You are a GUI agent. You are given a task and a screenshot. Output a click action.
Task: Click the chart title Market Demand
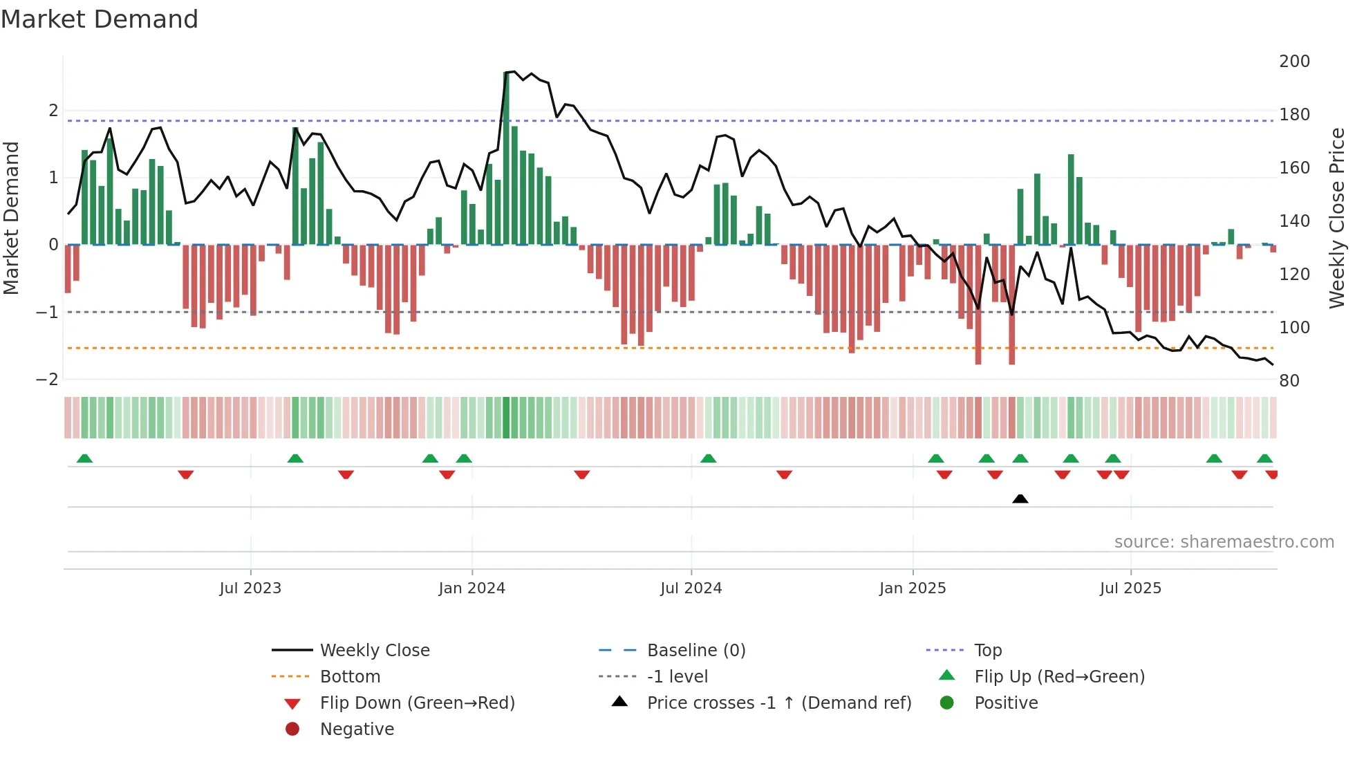(100, 19)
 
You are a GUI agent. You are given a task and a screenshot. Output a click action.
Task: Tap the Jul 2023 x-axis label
(250, 588)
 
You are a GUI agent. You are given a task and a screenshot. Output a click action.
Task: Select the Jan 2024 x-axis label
(472, 588)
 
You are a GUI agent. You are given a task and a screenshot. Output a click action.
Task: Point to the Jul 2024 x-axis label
(691, 588)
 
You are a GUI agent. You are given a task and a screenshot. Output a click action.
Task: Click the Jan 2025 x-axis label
(913, 588)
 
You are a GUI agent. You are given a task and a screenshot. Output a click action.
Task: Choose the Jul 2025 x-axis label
(1131, 588)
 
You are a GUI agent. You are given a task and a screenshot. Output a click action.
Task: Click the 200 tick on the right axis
(1294, 62)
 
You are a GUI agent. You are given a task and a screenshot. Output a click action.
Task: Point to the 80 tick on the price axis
(1289, 381)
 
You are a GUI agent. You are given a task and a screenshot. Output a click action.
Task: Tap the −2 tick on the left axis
(47, 380)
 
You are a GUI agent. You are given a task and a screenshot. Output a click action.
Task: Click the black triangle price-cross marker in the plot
(1020, 499)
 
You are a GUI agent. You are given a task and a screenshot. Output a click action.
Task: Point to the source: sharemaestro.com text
(1224, 542)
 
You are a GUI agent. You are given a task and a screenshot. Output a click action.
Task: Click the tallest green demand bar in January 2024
(506, 159)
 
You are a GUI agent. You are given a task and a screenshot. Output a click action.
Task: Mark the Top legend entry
(988, 651)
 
